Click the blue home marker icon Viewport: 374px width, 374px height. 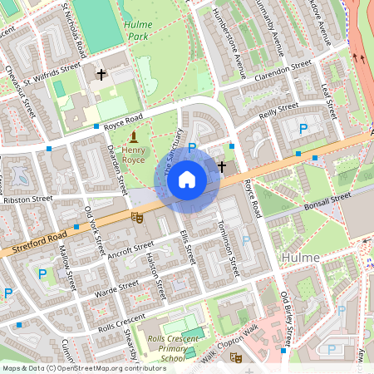pos(187,180)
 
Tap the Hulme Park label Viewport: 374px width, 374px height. pos(138,31)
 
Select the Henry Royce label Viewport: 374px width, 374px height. pos(133,154)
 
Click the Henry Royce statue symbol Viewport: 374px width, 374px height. pos(133,135)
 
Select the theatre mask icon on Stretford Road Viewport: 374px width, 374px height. pos(137,217)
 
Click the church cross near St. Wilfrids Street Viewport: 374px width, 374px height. pos(101,75)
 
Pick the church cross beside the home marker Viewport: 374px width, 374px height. pos(221,166)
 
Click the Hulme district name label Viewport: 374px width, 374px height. pos(301,258)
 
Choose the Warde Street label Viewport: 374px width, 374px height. pos(117,288)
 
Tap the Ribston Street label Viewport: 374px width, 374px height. pos(27,199)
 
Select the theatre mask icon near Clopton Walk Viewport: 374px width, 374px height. pos(236,358)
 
